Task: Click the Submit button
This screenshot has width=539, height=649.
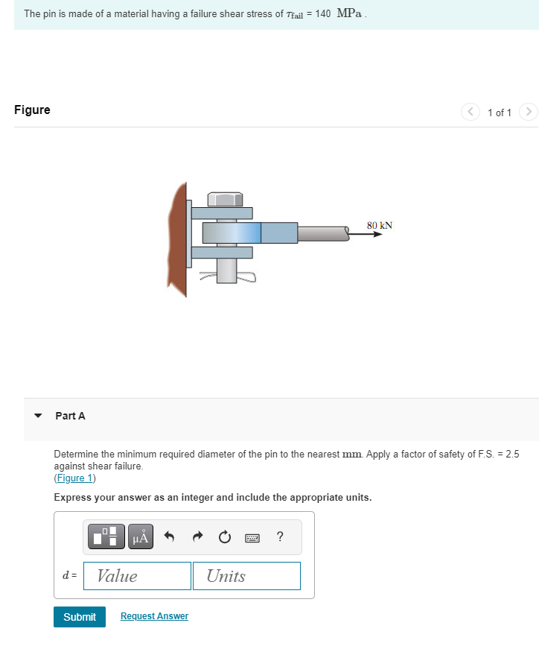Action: pos(80,617)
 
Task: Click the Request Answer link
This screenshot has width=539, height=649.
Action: pos(154,616)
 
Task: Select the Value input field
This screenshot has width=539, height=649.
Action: pos(137,576)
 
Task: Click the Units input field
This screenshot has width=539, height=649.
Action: pos(246,576)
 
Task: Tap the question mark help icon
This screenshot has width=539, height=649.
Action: pos(279,536)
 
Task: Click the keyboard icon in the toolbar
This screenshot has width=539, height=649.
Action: pos(252,537)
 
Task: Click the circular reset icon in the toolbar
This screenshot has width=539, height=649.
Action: pos(225,537)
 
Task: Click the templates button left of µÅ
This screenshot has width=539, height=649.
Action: pos(107,536)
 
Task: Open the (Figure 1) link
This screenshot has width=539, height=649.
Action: pos(74,478)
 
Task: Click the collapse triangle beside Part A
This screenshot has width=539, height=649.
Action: pos(38,416)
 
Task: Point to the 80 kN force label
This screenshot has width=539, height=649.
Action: pos(380,225)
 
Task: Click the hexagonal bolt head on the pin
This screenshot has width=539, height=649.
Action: pos(224,199)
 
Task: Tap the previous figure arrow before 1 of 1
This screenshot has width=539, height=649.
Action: pos(471,113)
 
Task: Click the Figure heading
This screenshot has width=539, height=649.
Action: pos(32,110)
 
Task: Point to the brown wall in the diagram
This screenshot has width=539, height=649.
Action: pos(177,238)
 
